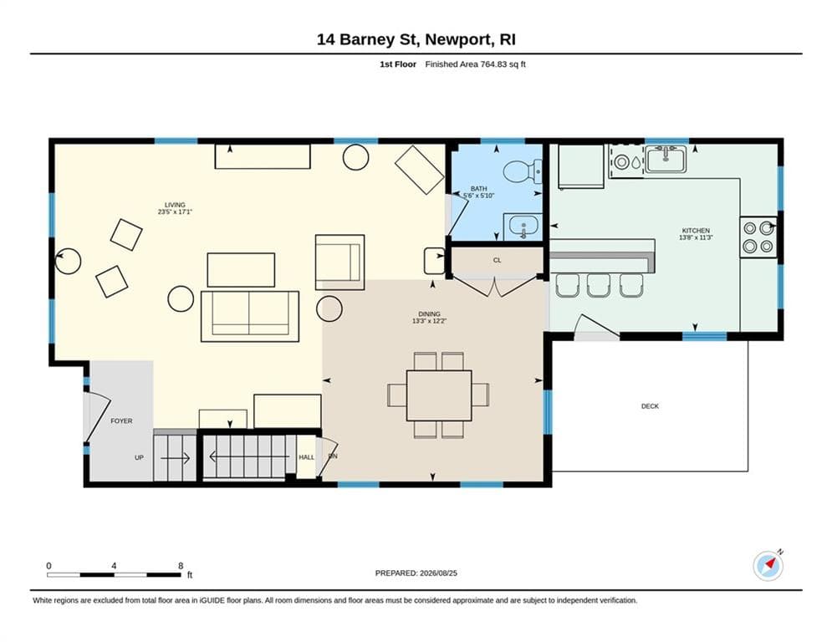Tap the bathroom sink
click(523, 227)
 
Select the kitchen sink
click(666, 159)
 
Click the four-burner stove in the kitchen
click(758, 237)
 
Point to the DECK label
click(650, 406)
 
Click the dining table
click(439, 395)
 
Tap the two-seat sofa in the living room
click(250, 316)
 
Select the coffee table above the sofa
click(241, 270)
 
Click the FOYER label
click(121, 420)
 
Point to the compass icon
click(768, 566)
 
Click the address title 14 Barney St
click(366, 40)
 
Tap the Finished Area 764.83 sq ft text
click(476, 64)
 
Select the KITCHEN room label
click(696, 231)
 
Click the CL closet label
click(498, 261)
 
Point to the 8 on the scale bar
click(181, 566)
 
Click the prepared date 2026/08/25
click(438, 573)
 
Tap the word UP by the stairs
click(139, 457)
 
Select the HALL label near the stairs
click(306, 457)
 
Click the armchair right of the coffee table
click(339, 262)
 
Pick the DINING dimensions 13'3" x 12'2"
click(429, 321)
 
